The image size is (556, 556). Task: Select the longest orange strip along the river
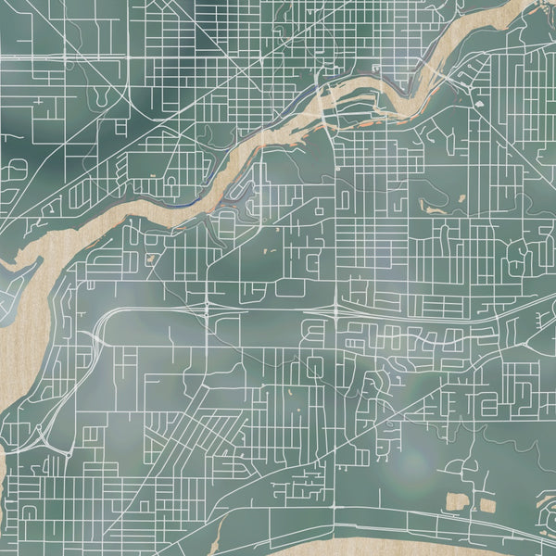point(283,139)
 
